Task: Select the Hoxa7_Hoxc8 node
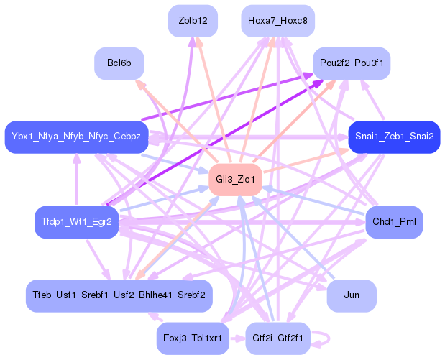pyautogui.click(x=277, y=21)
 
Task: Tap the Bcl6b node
pyautogui.click(x=119, y=63)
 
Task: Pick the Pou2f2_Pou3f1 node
pyautogui.click(x=352, y=63)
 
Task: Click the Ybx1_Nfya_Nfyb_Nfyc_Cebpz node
pyautogui.click(x=76, y=136)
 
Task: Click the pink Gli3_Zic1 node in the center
pyautogui.click(x=232, y=178)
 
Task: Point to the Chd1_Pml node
pyautogui.click(x=394, y=222)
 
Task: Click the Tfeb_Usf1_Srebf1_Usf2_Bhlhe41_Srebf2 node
pyautogui.click(x=119, y=295)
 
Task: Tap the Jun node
pyautogui.click(x=352, y=295)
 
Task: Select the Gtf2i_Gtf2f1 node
pyautogui.click(x=277, y=337)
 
